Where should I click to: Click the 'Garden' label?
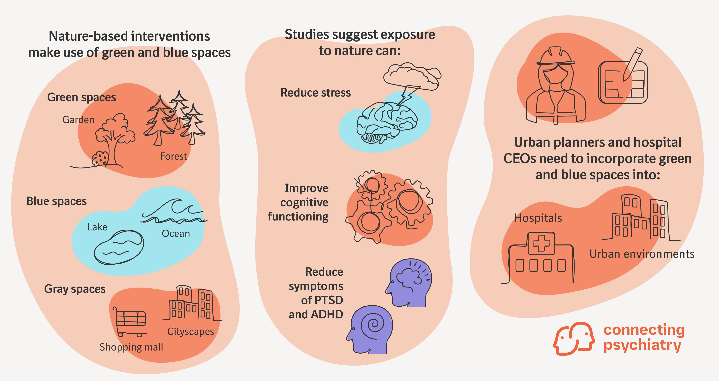coord(79,120)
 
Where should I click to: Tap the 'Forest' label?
coord(173,156)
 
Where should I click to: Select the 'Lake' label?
coord(97,227)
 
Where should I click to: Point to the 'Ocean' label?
coord(176,233)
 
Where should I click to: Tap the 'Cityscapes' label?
coord(191,331)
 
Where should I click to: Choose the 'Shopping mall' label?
coord(131,347)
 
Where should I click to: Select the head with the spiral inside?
coord(370,329)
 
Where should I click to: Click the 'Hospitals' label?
coord(538,218)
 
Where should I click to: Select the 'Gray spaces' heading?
coord(75,289)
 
